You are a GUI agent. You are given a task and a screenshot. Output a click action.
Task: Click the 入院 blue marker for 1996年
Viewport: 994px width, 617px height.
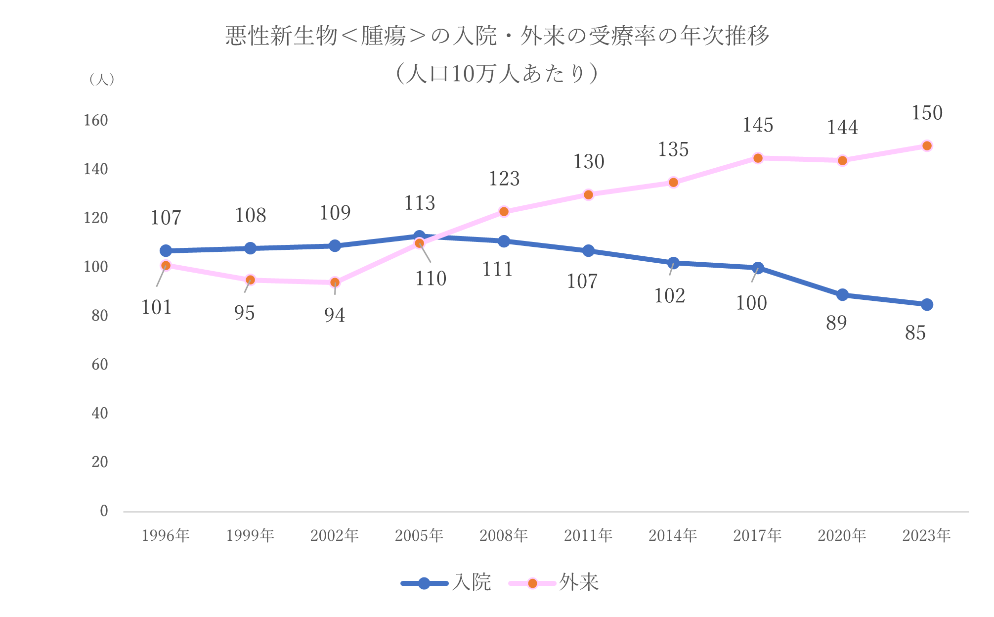(166, 251)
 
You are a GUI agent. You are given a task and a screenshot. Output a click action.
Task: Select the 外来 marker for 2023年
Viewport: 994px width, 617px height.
(927, 146)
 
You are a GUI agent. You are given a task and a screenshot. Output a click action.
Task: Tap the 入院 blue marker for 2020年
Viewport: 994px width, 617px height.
(842, 295)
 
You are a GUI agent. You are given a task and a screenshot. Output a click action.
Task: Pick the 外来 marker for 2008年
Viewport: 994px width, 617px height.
(504, 212)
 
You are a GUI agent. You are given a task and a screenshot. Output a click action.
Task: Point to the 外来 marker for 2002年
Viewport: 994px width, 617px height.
(335, 283)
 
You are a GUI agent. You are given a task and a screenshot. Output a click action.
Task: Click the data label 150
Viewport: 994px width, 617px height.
(927, 113)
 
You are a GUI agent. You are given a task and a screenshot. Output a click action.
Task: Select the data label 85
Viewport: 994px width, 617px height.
(915, 333)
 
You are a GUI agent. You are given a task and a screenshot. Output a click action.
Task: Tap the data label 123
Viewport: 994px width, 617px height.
(504, 179)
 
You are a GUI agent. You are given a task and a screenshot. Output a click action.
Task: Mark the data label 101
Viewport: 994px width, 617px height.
(156, 308)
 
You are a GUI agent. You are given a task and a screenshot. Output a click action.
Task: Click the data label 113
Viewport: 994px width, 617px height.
(420, 203)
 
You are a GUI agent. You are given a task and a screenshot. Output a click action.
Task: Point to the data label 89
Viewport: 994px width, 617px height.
(836, 323)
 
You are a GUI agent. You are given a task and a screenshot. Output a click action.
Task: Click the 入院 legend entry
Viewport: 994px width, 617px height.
(446, 583)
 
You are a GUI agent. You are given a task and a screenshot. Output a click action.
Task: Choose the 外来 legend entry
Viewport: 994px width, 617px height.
(554, 583)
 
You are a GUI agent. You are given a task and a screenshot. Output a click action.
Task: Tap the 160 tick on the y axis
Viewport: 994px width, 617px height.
(96, 120)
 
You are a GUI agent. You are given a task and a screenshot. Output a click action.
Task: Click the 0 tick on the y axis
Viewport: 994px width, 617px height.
(103, 511)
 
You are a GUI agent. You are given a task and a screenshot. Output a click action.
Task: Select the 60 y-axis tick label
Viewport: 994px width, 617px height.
(99, 364)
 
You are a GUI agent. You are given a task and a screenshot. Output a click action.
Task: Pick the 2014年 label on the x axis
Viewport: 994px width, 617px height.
(673, 535)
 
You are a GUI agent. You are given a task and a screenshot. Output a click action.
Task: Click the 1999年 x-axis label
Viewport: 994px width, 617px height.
(250, 535)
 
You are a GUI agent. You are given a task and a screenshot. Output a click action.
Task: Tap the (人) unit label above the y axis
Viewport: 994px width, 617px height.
(102, 79)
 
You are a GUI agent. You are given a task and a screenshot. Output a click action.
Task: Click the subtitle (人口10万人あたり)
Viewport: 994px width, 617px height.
(497, 74)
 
